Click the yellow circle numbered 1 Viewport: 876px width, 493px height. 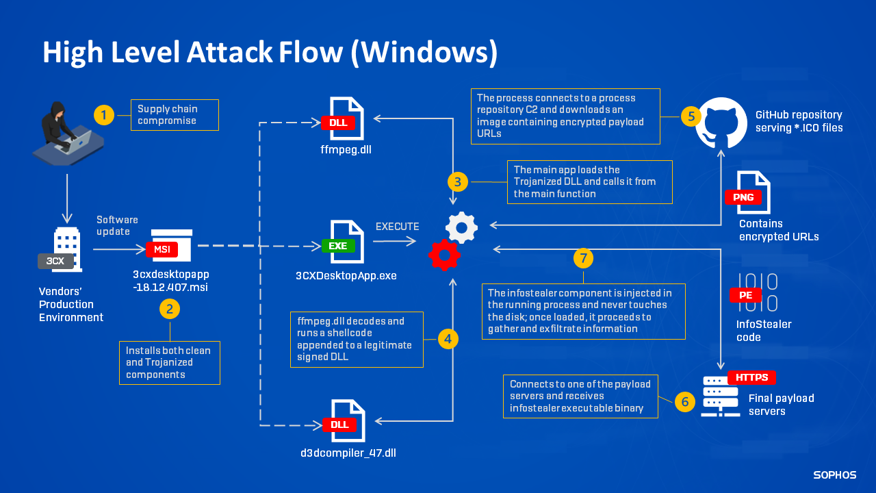[x=103, y=115]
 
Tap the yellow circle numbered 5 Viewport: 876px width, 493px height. [x=691, y=116]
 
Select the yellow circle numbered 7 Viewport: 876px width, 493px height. [x=583, y=257]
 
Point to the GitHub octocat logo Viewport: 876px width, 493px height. [x=721, y=123]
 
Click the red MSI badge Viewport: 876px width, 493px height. [x=162, y=249]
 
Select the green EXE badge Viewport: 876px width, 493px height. [x=338, y=245]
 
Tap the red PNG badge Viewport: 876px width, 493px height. [x=743, y=197]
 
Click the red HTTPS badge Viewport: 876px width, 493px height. [x=751, y=377]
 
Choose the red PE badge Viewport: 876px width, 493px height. [x=745, y=295]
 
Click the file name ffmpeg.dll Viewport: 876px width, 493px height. [x=346, y=149]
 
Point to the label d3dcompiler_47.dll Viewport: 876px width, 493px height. [x=348, y=453]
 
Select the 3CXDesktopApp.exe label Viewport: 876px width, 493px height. [x=346, y=276]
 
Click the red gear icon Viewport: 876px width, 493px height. [x=443, y=255]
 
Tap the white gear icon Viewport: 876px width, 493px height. [x=461, y=227]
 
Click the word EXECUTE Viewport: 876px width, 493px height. [x=397, y=227]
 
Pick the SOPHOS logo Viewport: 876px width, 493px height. [x=834, y=475]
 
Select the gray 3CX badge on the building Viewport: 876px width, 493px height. [x=55, y=261]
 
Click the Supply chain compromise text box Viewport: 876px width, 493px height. [x=175, y=115]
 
